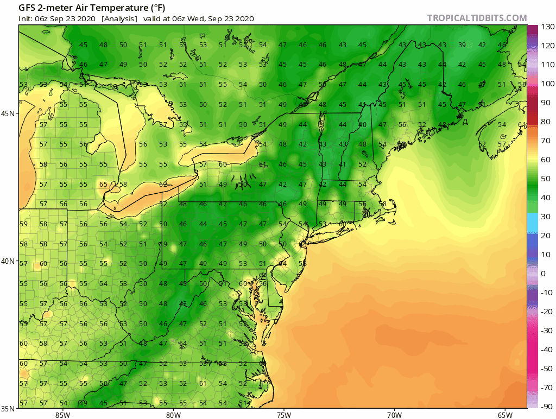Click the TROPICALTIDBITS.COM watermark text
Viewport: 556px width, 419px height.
[477, 18]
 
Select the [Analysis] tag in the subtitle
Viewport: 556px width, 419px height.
[119, 18]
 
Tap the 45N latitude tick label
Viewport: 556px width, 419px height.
[9, 113]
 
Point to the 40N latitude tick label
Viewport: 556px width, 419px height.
[9, 261]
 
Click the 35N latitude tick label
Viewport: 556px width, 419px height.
[9, 409]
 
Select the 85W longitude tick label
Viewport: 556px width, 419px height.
[62, 415]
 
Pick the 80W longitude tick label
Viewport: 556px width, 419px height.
[173, 415]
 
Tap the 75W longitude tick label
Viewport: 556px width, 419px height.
[283, 415]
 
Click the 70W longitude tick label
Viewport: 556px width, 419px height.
[394, 415]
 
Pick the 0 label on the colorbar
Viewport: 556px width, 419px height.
[544, 274]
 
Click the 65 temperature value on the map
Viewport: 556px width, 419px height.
[103, 184]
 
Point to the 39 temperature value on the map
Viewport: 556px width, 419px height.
[462, 45]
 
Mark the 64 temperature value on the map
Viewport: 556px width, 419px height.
[282, 264]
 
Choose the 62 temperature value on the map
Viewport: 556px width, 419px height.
[163, 184]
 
